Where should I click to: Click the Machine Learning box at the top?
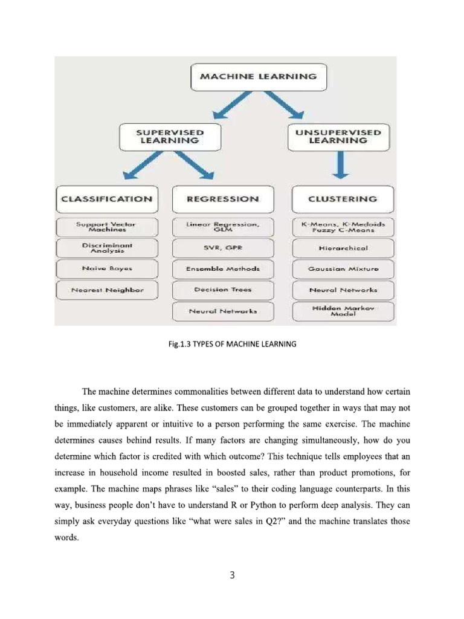(x=258, y=77)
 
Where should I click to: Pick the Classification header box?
(x=106, y=199)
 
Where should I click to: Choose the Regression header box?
(x=223, y=199)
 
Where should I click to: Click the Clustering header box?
(x=343, y=199)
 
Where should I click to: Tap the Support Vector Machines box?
(x=106, y=227)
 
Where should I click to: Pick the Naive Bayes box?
(x=106, y=268)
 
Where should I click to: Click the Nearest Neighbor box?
(x=106, y=290)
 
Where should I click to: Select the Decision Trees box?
(x=223, y=290)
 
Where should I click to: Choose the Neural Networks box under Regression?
(x=223, y=311)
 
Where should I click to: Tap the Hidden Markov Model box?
(x=343, y=311)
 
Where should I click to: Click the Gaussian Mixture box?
(x=343, y=269)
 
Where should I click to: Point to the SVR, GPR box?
(x=223, y=248)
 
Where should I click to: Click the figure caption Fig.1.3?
(x=232, y=345)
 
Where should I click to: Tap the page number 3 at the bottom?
(x=231, y=575)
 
